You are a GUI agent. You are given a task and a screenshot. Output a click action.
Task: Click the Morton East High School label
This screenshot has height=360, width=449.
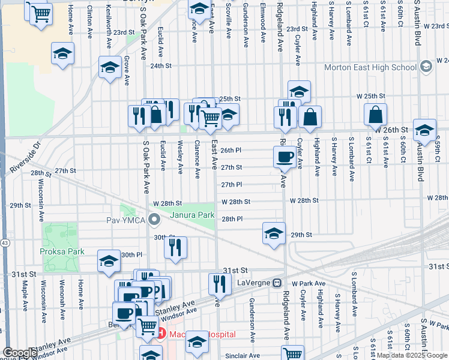[370, 67]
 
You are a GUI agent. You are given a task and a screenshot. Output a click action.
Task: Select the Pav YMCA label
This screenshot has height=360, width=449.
[125, 220]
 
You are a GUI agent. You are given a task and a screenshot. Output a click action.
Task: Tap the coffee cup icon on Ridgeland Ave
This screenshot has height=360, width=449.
[285, 157]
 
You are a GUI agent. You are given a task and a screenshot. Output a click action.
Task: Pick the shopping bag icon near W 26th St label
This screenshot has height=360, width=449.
[375, 114]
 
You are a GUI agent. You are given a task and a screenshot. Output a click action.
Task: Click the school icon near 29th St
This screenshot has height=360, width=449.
[274, 233]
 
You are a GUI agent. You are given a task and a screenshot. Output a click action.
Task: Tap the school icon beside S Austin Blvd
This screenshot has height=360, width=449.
[424, 130]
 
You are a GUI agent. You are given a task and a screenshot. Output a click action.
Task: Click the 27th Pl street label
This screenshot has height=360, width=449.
[231, 185]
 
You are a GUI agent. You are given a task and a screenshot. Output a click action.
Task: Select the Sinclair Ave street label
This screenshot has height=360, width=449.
[242, 356]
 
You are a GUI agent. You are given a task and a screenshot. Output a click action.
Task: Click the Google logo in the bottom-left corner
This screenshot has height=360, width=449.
[19, 353]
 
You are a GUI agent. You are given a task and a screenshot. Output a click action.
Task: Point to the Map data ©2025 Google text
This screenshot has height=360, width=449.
[412, 356]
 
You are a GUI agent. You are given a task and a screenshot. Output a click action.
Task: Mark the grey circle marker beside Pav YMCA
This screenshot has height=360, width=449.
[155, 220]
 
